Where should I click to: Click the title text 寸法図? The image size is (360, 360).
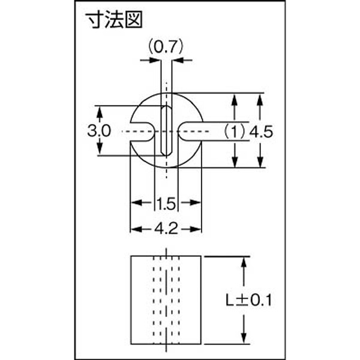114,20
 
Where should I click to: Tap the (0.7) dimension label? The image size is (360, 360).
166,47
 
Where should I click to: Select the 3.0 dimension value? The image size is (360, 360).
99,131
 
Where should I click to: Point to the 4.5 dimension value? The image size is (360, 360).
261,132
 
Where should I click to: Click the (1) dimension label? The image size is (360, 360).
235,132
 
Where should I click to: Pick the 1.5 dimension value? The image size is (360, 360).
167,203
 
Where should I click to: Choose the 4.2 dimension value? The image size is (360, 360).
166,229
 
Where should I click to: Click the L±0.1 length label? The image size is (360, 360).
248,301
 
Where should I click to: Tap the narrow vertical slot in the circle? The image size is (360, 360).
166,130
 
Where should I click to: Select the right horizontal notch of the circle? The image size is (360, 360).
190,131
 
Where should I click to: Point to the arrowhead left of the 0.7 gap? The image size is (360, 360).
155,61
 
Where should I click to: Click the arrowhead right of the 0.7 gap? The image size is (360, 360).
177,61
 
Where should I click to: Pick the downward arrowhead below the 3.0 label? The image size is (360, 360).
100,149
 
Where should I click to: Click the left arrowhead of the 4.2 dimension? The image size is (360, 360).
136,229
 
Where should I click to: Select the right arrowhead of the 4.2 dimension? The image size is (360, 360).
196,229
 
